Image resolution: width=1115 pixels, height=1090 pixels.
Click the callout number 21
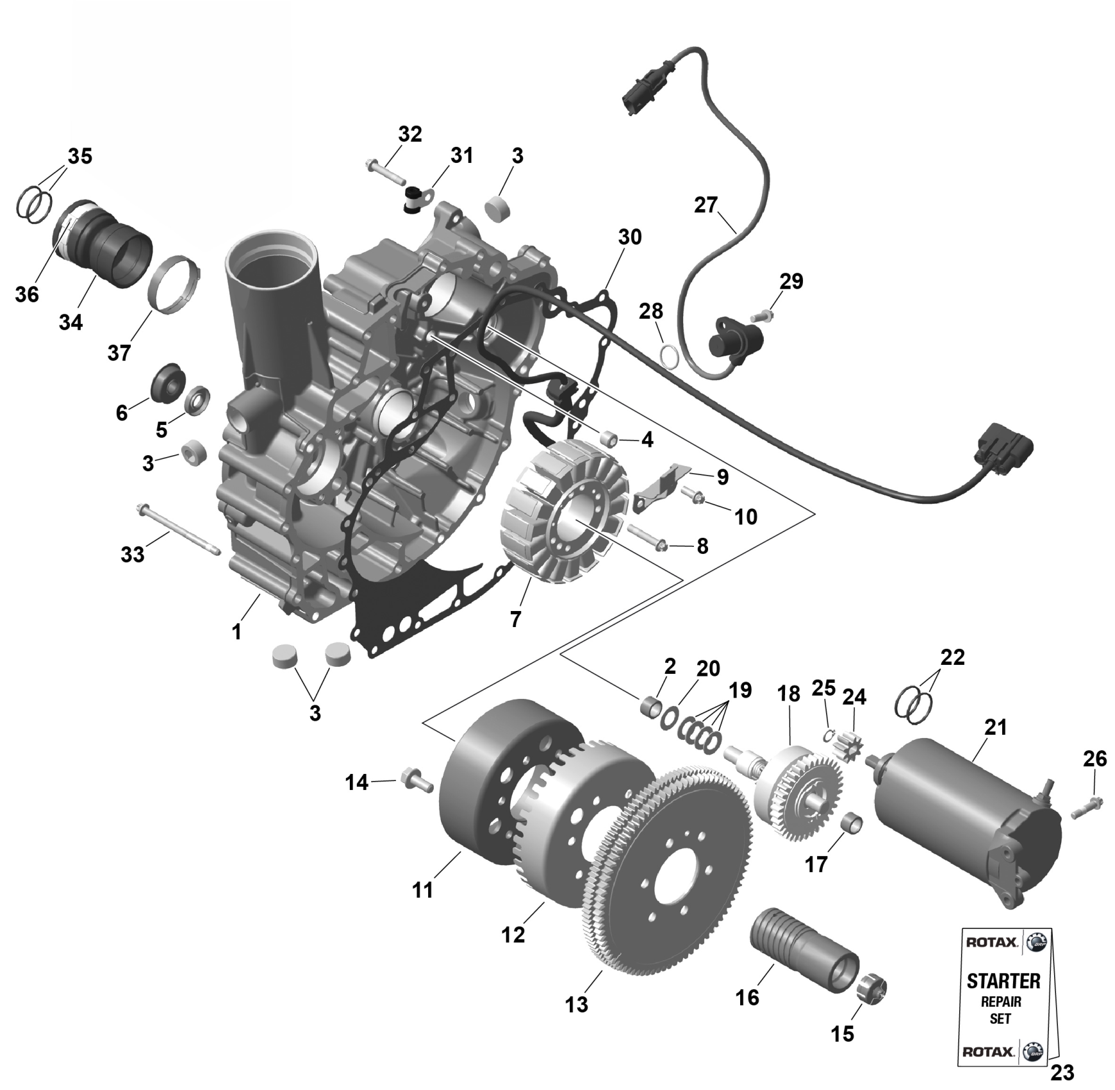coord(996,727)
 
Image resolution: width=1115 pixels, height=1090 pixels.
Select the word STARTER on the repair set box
coord(1003,981)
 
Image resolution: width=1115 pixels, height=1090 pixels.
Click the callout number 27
coord(706,205)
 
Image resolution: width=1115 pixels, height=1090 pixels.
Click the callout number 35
coord(80,156)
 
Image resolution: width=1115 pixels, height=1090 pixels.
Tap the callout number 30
coord(629,237)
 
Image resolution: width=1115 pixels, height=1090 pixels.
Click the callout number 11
coord(423,890)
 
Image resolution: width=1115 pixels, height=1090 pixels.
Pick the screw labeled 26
coord(1085,807)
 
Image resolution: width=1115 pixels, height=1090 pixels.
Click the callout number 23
coord(1062,1071)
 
